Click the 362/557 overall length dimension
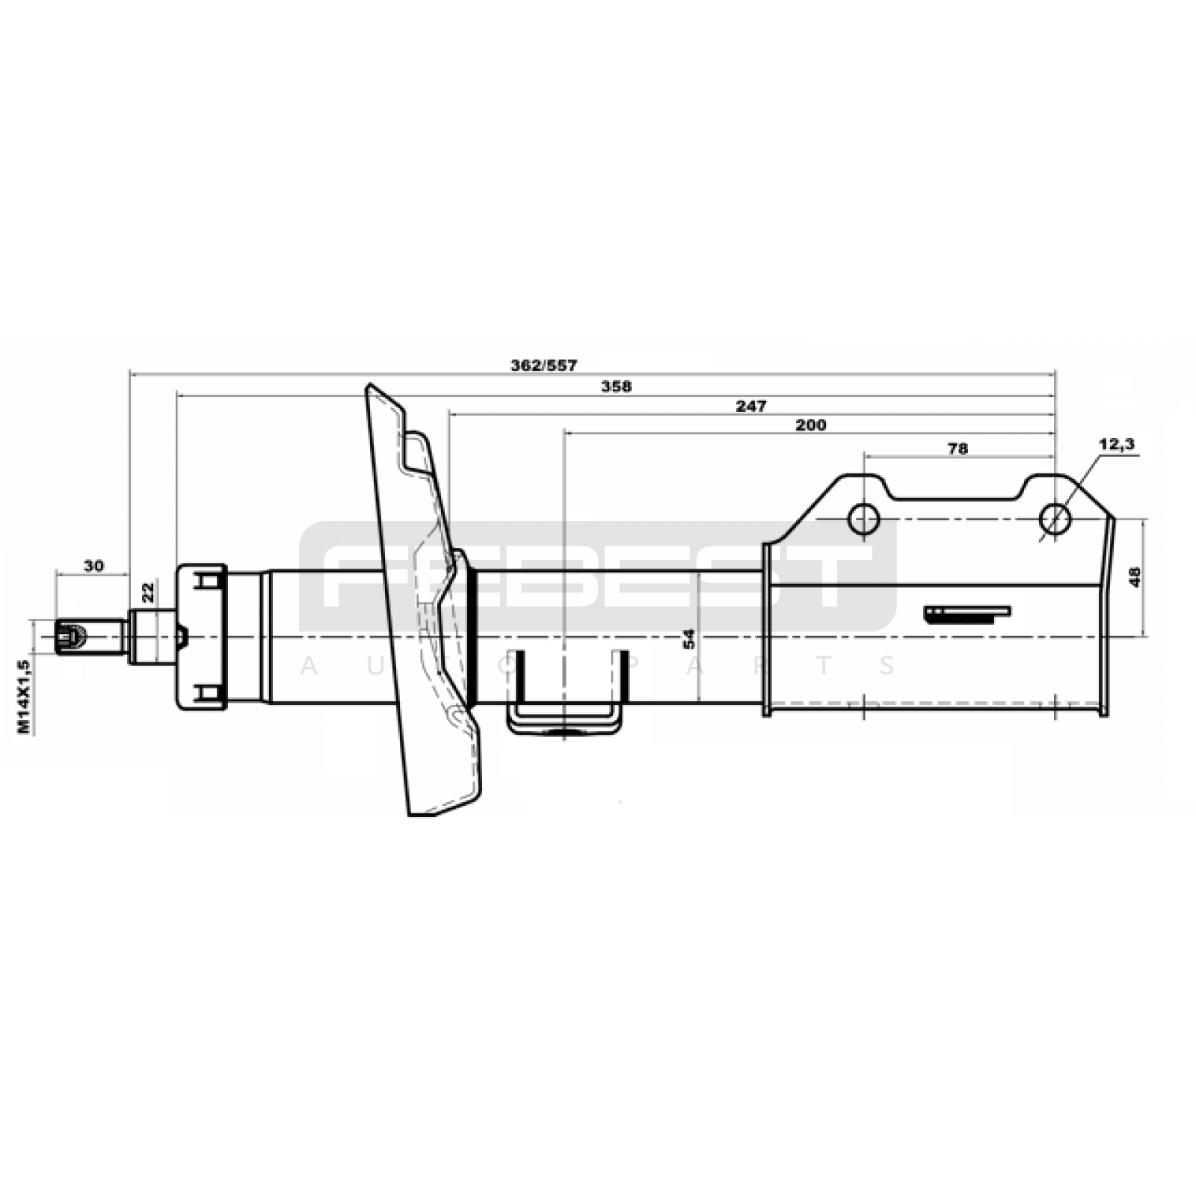point(544,366)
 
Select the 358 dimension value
point(617,386)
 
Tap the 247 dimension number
point(751,406)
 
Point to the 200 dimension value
point(811,425)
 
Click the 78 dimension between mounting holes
point(958,449)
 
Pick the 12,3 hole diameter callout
point(1116,444)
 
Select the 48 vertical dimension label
point(1135,576)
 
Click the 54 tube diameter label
point(689,638)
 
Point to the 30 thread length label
point(93,566)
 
